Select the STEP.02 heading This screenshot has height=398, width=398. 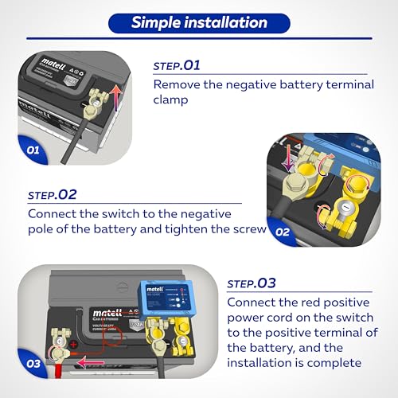pos(53,194)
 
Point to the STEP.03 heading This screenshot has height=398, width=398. pos(252,283)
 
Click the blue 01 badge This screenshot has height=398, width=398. pos(33,149)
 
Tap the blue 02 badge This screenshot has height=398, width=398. pos(283,232)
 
